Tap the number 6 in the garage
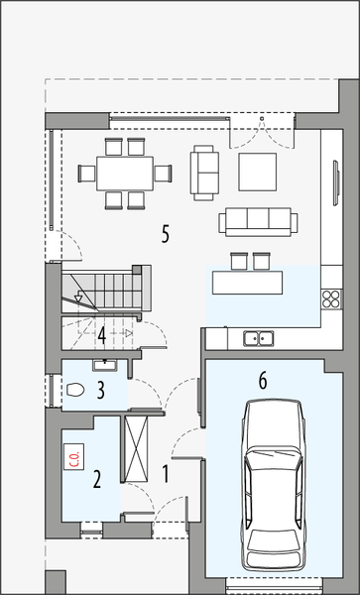[x=263, y=380]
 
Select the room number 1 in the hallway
[x=166, y=474]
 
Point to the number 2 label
[x=96, y=481]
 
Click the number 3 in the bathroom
[x=101, y=390]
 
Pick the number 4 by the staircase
[x=102, y=333]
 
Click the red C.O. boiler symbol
[x=74, y=457]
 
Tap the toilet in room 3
[x=74, y=392]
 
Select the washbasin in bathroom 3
[x=102, y=366]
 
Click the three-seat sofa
[x=257, y=221]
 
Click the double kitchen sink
[x=259, y=338]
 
